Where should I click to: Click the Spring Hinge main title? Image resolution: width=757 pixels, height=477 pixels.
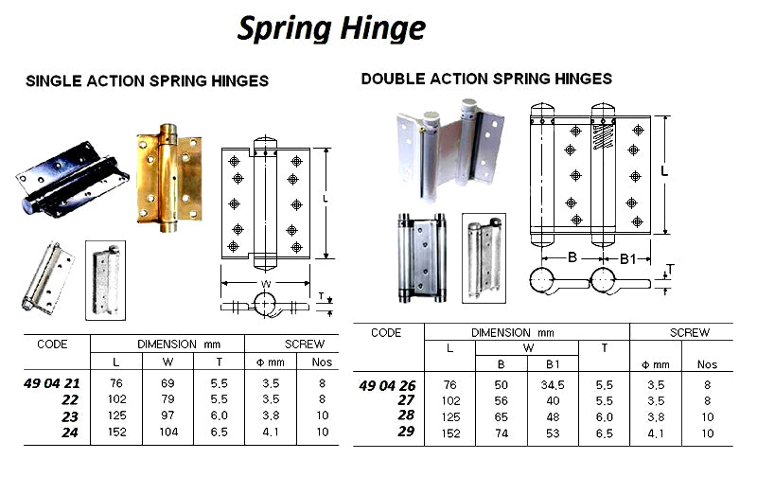coord(331,28)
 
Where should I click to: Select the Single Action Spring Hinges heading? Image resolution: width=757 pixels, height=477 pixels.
coord(147,81)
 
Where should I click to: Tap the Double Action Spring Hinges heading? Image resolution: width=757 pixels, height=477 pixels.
coord(486,79)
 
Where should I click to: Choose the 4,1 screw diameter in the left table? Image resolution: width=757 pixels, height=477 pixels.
coord(269,433)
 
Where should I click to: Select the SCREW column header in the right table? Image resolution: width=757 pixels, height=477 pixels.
coord(688,332)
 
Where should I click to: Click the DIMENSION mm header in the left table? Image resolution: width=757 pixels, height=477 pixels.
coord(167,344)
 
